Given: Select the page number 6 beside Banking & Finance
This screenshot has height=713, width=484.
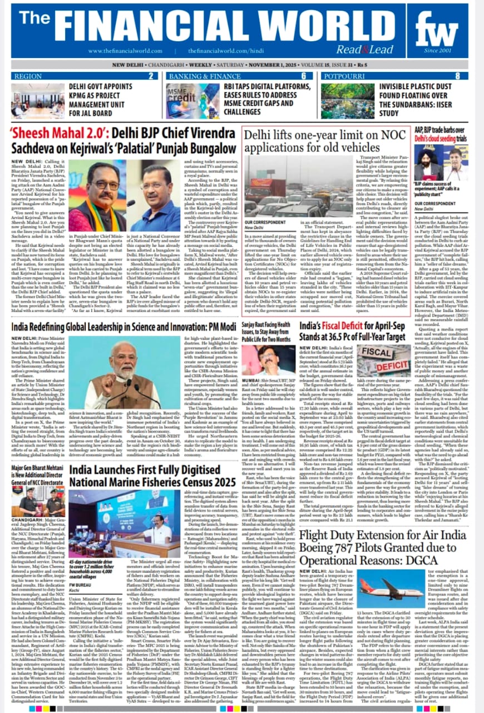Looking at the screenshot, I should (304, 76).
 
